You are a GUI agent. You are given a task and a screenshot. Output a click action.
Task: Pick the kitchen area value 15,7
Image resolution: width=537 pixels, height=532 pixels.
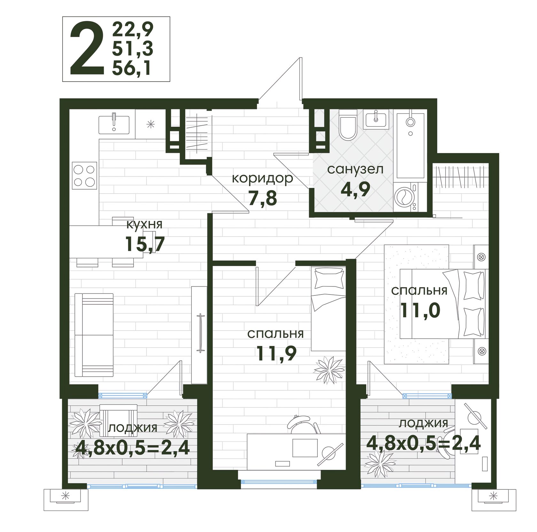point(145,244)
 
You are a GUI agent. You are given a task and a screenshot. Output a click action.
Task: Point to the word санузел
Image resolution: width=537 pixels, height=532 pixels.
point(355,169)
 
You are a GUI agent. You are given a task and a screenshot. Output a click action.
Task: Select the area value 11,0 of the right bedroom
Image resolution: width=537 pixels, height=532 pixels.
point(420,310)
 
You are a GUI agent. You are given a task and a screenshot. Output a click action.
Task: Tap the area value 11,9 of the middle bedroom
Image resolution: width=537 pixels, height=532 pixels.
point(277,353)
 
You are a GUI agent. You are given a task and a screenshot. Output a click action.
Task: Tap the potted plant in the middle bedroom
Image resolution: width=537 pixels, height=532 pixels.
point(330,370)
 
